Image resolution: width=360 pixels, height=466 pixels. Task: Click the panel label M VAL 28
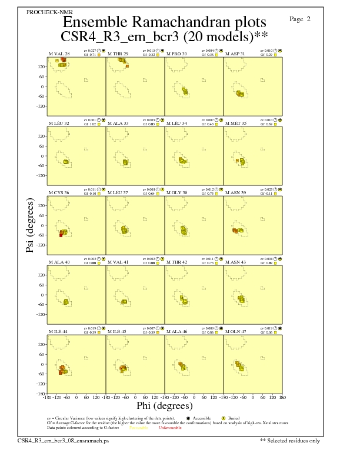(x=59, y=54)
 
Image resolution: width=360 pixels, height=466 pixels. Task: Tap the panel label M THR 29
(x=118, y=54)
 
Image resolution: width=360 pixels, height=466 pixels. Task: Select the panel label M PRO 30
(x=176, y=54)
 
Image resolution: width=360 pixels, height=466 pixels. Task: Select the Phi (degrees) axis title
(x=165, y=405)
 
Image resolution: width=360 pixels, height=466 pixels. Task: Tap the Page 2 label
(x=300, y=19)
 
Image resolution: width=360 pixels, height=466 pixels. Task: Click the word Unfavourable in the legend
(x=168, y=428)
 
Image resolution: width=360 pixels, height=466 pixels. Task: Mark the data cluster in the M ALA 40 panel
(x=66, y=301)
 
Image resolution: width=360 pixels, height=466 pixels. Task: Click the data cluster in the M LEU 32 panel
(x=66, y=161)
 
